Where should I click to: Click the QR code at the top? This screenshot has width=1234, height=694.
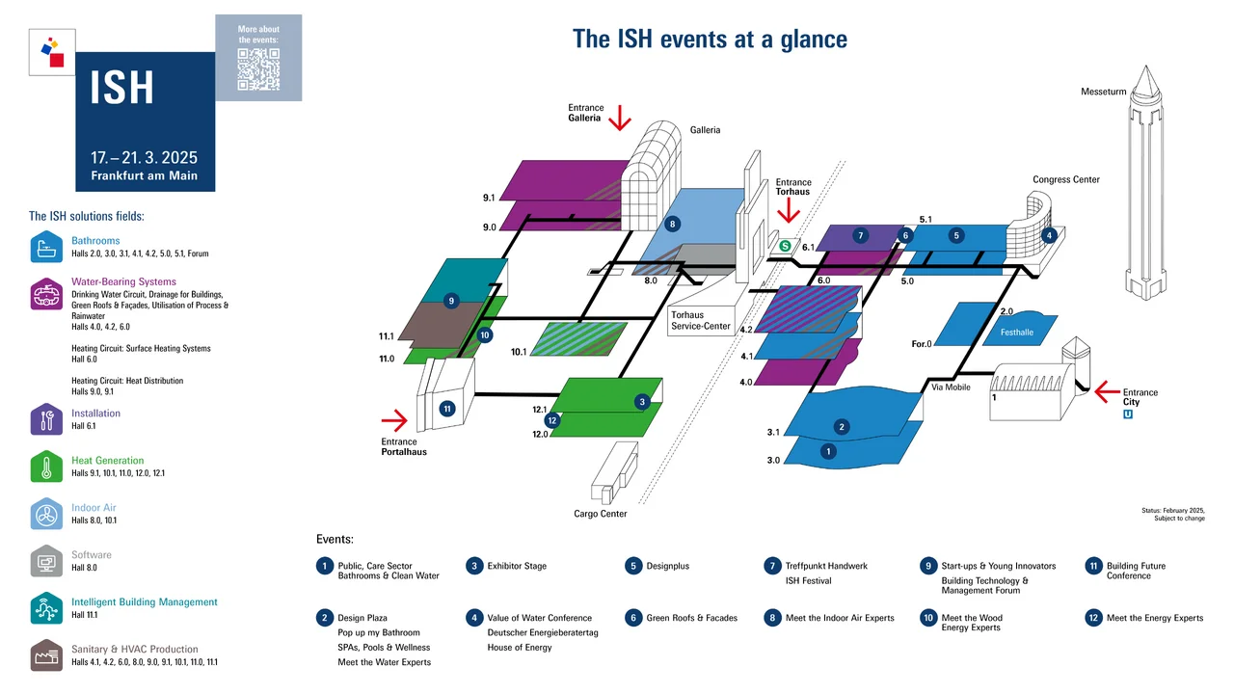click(257, 68)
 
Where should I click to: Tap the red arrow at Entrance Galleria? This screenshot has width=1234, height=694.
click(618, 118)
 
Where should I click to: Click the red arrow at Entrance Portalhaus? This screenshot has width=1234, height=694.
click(394, 419)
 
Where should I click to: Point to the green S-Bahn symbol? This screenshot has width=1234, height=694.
click(786, 246)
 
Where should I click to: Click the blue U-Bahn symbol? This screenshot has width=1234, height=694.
click(1128, 414)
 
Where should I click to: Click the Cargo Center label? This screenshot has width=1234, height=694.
click(600, 514)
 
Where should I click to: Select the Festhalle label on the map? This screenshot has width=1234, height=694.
click(1017, 333)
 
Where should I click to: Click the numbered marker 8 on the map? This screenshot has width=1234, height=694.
click(673, 224)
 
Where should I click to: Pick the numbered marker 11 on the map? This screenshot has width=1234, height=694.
click(447, 409)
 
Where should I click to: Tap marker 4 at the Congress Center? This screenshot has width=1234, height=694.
click(1049, 234)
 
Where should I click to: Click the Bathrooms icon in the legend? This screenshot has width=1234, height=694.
click(46, 247)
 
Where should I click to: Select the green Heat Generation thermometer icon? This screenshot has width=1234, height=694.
click(46, 467)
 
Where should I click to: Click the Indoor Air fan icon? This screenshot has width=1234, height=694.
click(46, 514)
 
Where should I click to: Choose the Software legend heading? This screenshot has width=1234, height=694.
click(92, 555)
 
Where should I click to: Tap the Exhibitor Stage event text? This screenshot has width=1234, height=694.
click(517, 566)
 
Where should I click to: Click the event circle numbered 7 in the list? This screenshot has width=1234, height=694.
click(770, 566)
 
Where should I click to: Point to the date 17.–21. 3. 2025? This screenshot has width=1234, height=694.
click(144, 157)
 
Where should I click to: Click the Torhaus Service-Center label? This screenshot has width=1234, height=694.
click(701, 320)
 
